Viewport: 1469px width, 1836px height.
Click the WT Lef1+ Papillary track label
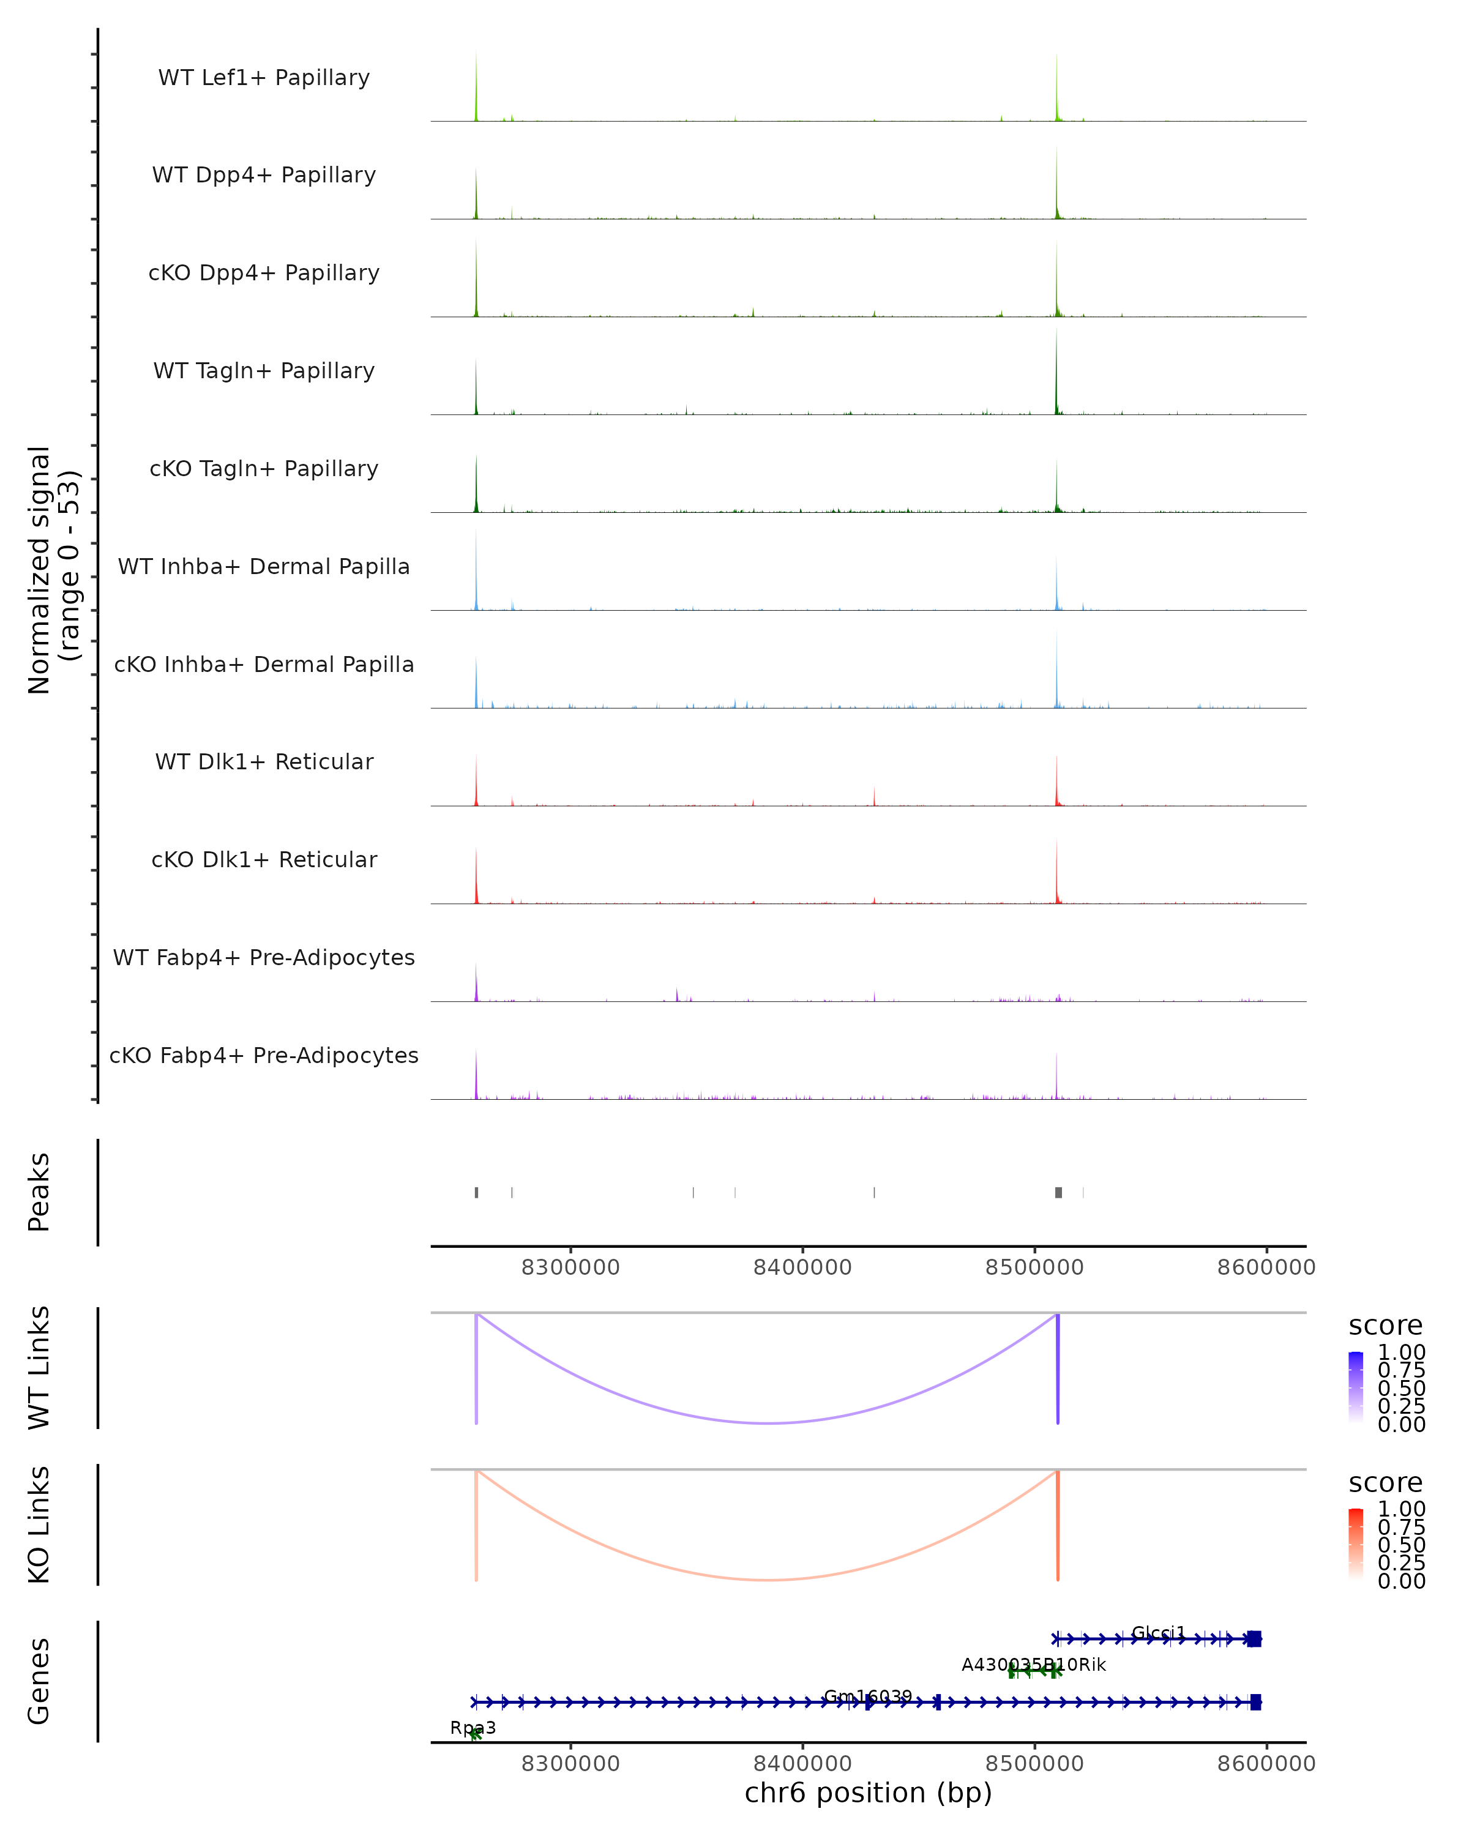[264, 78]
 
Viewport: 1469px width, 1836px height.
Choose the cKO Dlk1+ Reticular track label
[264, 859]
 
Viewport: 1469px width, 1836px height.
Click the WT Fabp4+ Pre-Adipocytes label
[264, 957]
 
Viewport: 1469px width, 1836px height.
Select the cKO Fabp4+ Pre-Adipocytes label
[264, 1055]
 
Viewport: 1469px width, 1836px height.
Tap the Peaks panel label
[39, 1192]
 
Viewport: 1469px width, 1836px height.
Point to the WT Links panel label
[39, 1368]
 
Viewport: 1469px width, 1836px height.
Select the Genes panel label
[39, 1681]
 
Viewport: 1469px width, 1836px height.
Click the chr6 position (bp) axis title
[868, 1793]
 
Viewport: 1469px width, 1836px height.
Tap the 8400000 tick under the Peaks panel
[802, 1267]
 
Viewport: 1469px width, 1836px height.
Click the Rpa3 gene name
[473, 1728]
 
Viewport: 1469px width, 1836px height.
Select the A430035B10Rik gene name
[1033, 1664]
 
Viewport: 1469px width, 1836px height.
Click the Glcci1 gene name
[1158, 1632]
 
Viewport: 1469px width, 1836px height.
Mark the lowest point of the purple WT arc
[768, 1423]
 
